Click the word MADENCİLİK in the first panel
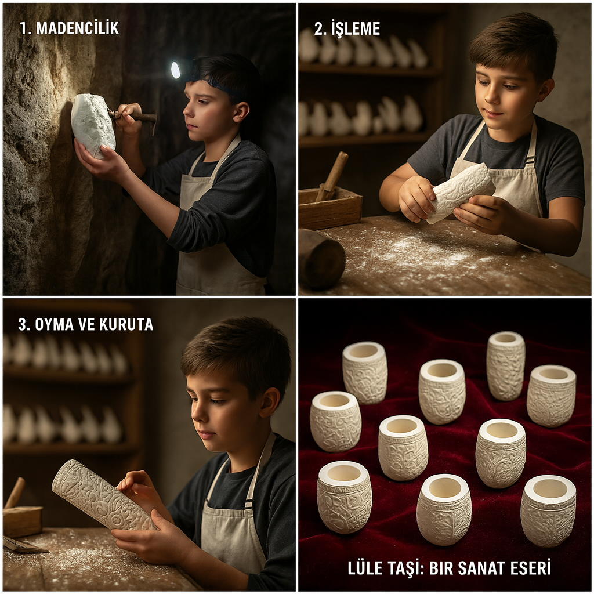tap(77, 29)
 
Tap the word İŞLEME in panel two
tap(356, 29)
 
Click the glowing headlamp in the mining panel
tap(175, 70)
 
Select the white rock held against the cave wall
tap(93, 125)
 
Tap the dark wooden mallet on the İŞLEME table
tap(321, 258)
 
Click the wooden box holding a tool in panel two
tap(329, 208)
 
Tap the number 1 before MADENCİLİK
tap(23, 29)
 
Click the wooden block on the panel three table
tap(22, 521)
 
